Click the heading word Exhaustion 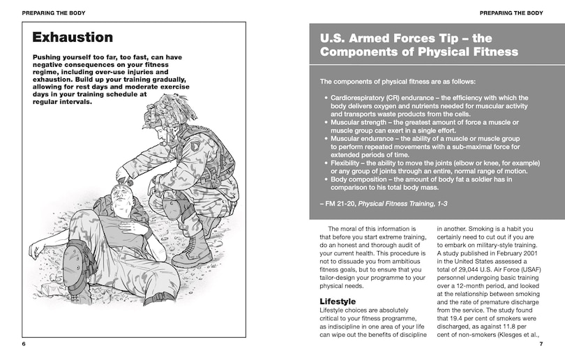(73, 38)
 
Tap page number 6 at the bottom (24, 344)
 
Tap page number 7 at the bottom (541, 344)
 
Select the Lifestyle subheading (338, 301)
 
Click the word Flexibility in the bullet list (351, 163)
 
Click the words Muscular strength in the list (363, 121)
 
